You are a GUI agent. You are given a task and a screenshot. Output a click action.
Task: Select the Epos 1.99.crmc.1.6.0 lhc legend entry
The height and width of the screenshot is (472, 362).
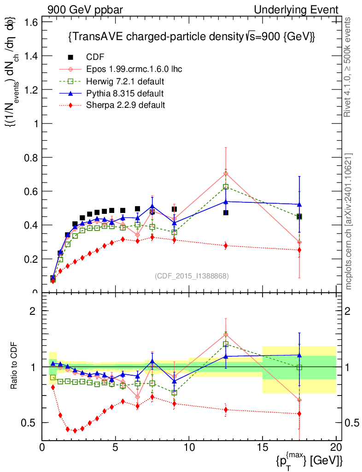click(134, 69)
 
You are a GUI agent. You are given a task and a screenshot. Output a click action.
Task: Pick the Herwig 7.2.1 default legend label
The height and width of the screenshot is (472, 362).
click(125, 81)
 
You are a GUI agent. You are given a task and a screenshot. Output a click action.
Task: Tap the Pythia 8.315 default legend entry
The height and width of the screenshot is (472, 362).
click(124, 93)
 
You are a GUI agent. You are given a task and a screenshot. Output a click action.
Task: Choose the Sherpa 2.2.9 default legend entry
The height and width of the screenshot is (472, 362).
click(125, 105)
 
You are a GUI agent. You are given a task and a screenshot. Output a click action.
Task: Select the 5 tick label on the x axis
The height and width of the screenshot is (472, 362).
click(116, 447)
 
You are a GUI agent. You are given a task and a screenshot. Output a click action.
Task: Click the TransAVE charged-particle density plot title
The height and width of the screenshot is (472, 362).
click(191, 37)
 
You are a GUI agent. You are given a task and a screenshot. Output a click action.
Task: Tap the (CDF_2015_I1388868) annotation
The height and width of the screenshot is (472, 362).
click(191, 276)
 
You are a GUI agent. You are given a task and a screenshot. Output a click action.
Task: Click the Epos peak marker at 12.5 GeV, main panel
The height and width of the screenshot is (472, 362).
click(226, 173)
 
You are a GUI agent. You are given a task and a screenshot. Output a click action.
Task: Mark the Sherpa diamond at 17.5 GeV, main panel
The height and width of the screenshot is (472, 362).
click(299, 250)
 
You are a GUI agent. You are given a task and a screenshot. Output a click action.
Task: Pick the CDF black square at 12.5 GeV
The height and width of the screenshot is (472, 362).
click(226, 212)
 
